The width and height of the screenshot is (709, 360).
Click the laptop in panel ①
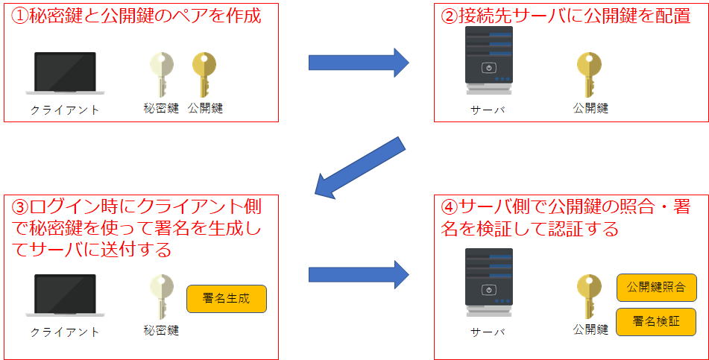(65, 73)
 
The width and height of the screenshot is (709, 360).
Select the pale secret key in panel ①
(162, 75)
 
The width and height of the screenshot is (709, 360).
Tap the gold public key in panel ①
(204, 75)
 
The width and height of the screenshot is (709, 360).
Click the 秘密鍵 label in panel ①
(161, 109)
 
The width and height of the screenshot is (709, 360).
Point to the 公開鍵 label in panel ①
(205, 109)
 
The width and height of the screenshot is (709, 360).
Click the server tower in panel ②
(489, 60)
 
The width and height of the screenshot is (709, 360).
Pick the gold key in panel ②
(589, 75)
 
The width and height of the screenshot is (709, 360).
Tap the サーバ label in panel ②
(488, 110)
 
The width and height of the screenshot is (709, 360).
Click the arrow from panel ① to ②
(359, 63)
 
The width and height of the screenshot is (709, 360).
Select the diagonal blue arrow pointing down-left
(359, 168)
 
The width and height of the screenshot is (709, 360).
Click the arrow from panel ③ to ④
(359, 274)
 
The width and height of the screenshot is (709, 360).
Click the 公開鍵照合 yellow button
(657, 288)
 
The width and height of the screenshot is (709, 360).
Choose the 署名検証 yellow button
(657, 322)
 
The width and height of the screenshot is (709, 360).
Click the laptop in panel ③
(65, 295)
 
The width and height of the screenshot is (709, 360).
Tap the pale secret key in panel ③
(162, 297)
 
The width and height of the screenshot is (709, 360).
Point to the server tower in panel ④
(489, 282)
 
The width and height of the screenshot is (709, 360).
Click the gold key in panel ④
(589, 297)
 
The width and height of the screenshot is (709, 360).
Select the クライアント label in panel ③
(65, 332)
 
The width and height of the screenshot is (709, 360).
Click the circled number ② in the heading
(450, 16)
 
